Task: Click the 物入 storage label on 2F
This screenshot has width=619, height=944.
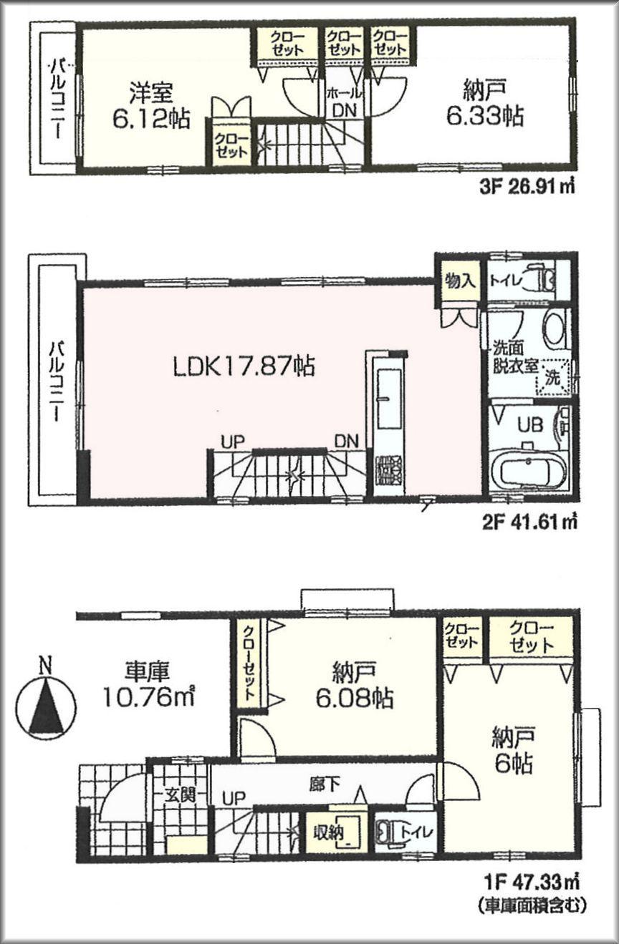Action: coord(459,280)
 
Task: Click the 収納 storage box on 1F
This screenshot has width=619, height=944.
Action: coord(330,832)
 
